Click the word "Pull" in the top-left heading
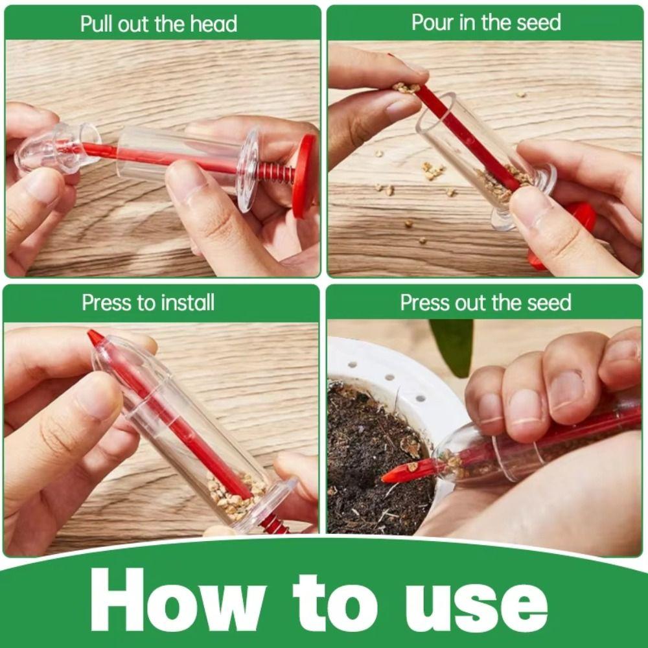(x=95, y=24)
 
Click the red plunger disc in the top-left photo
(x=305, y=175)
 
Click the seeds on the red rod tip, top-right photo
(x=406, y=87)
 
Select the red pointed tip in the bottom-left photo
(x=96, y=338)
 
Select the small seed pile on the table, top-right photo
(x=432, y=170)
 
